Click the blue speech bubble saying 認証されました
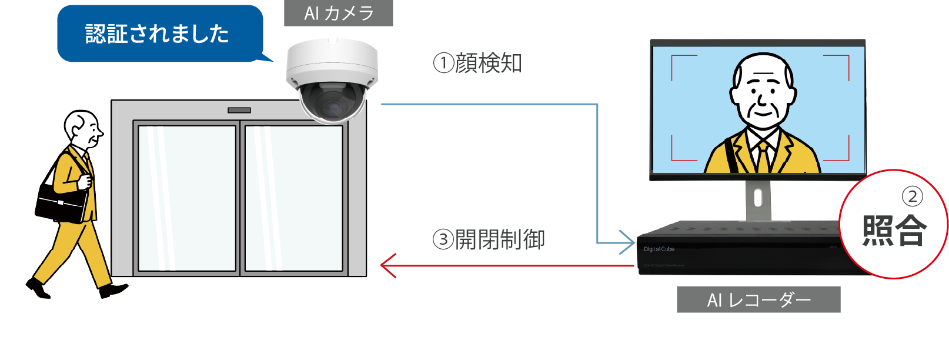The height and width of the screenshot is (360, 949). coord(158,34)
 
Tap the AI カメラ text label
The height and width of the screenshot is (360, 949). coord(339,14)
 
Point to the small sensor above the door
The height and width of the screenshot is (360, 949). coord(239,110)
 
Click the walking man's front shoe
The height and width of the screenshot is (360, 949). coord(113,290)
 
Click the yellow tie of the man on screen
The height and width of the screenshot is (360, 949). coord(763,155)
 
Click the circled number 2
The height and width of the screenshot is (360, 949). coord(912,196)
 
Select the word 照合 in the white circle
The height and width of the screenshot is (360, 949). coord(894,230)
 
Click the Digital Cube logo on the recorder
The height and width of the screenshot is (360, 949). coord(659,249)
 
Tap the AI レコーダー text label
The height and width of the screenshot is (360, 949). coord(758,301)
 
